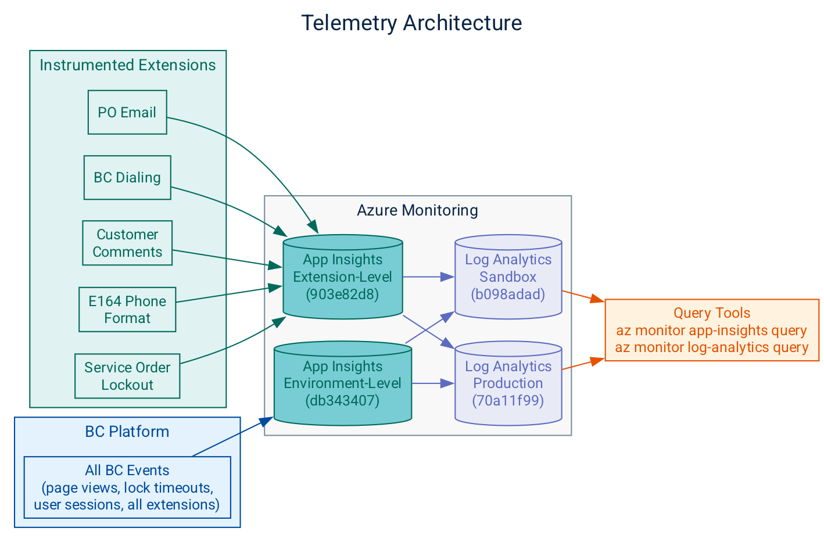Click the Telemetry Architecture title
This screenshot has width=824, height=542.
coord(411,23)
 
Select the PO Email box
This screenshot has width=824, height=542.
coord(127,112)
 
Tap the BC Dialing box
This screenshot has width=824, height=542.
coord(127,177)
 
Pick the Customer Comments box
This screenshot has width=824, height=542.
coord(127,243)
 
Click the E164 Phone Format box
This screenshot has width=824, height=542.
coord(127,309)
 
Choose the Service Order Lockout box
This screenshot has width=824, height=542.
coord(127,376)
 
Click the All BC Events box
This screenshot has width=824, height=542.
coord(127,487)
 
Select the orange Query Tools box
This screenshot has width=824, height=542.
coord(712,330)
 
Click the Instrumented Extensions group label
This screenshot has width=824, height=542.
coord(127,65)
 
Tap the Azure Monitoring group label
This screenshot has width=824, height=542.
coord(417,210)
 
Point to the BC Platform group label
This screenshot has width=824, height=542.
coord(127,432)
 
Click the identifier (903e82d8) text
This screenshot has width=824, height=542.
coord(342,294)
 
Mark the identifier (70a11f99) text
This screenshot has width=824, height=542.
coord(508,400)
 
